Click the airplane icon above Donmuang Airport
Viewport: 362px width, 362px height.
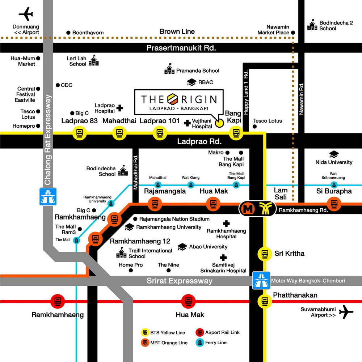point(26,15)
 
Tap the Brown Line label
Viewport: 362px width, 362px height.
point(177,31)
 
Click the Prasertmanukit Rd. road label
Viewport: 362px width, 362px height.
point(181,48)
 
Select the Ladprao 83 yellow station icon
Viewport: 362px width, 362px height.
point(79,133)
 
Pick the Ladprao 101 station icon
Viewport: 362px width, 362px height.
point(159,133)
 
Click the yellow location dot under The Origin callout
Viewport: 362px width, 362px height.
point(219,123)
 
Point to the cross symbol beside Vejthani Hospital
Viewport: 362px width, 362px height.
point(187,123)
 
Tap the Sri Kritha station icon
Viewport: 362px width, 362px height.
point(265,254)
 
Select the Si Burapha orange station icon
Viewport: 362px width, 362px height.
point(333,203)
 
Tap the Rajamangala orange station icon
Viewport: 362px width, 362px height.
point(155,204)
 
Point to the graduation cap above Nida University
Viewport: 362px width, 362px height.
point(333,154)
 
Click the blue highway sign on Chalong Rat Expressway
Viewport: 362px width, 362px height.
point(48,196)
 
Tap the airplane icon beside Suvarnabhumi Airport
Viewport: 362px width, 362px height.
point(346,312)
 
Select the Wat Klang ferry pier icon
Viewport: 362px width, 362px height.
point(190,185)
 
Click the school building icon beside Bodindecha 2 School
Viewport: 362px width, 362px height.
point(312,25)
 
